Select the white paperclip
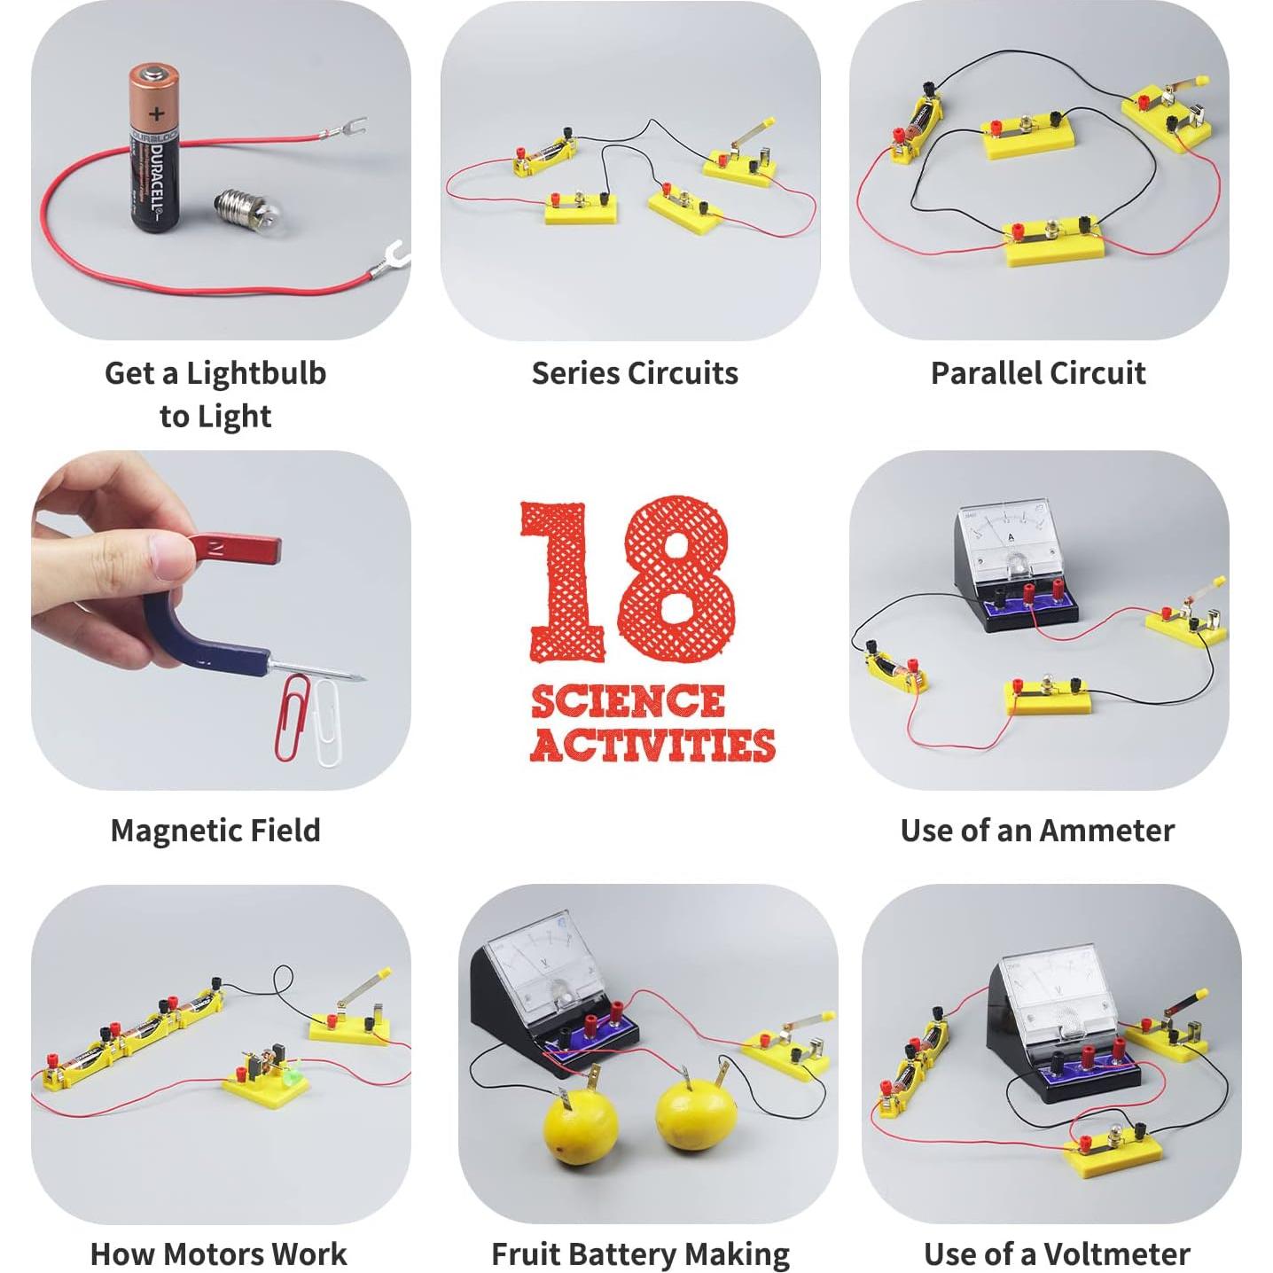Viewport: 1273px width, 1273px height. (327, 723)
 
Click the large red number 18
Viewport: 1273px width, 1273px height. (628, 580)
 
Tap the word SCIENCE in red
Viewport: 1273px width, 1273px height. (628, 702)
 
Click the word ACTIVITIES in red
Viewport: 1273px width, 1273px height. (652, 745)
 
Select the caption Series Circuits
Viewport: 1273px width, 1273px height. (635, 373)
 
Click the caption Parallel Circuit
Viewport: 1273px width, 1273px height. (1038, 373)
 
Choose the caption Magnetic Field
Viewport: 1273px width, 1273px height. (215, 831)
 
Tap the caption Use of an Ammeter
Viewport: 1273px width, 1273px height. (1037, 831)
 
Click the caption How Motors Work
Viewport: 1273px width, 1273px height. (219, 1253)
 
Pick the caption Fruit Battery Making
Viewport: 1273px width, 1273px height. (640, 1253)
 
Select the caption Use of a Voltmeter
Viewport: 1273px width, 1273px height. (1057, 1253)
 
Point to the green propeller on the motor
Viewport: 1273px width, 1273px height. (293, 1073)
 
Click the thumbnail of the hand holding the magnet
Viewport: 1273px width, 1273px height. (221, 621)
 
